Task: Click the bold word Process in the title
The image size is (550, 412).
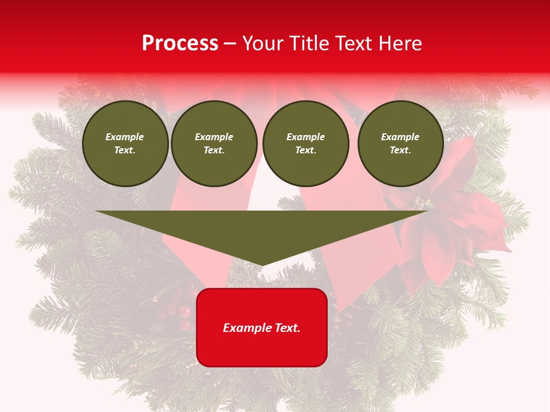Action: click(x=180, y=43)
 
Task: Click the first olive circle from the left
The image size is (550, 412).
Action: click(x=125, y=144)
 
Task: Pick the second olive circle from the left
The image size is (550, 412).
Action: click(x=214, y=144)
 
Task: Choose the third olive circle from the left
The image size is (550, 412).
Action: click(x=305, y=144)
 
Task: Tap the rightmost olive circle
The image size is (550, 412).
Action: click(x=400, y=144)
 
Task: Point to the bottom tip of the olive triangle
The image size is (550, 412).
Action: click(x=262, y=264)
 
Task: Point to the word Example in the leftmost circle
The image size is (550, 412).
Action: click(x=125, y=137)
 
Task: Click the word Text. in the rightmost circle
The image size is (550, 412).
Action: click(x=400, y=150)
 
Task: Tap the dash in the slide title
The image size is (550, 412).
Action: click(x=230, y=43)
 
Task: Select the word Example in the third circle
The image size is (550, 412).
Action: click(x=305, y=137)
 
